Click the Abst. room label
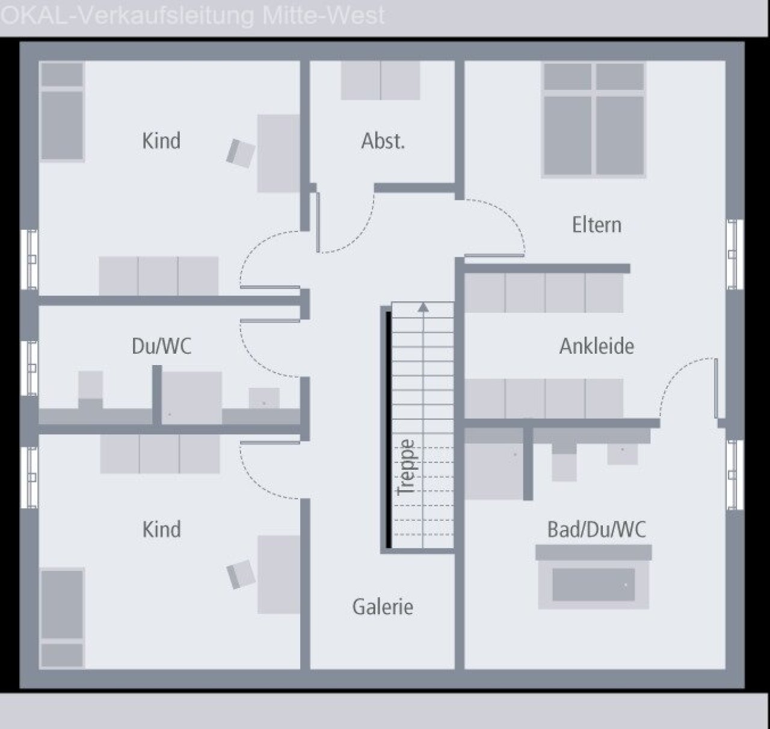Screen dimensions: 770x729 [x=383, y=141]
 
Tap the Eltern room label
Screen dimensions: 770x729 [x=597, y=225]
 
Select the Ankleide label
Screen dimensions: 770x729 [x=597, y=346]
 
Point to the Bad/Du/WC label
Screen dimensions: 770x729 [x=597, y=529]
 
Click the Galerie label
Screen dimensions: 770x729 [x=383, y=607]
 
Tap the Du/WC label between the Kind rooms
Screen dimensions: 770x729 [x=162, y=346]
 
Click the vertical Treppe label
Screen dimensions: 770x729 [x=405, y=467]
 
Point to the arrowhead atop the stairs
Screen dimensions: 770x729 [x=423, y=307]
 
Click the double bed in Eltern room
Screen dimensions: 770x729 [x=594, y=120]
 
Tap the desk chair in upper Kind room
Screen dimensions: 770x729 [x=241, y=153]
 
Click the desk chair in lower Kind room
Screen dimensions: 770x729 [x=241, y=574]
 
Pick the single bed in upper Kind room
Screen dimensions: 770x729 [x=63, y=112]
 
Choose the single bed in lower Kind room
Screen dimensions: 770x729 [x=63, y=618]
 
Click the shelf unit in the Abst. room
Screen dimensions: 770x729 [x=380, y=81]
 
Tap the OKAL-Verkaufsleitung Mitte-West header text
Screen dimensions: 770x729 [x=192, y=16]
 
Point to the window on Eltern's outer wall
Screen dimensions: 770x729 [x=735, y=254]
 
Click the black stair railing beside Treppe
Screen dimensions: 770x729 [x=388, y=429]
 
